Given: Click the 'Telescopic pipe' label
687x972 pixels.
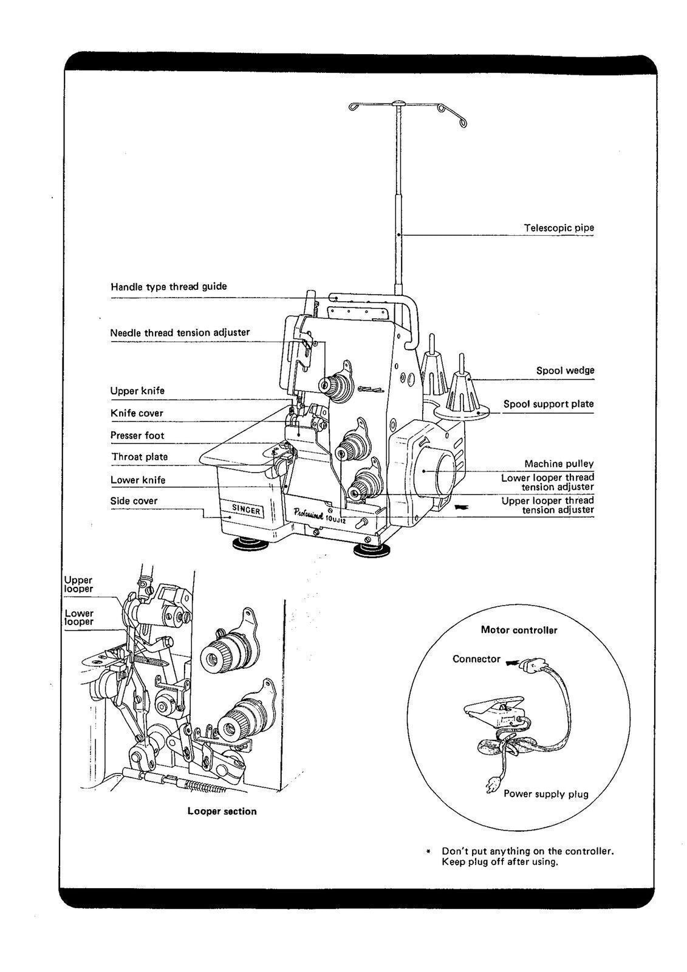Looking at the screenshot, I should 559,228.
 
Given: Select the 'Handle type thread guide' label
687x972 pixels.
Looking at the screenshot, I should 168,286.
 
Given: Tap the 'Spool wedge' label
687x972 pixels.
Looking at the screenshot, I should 565,370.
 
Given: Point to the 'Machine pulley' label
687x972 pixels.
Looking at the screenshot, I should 559,464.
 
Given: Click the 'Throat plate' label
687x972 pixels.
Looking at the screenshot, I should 139,456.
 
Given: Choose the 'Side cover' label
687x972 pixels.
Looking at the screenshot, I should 134,501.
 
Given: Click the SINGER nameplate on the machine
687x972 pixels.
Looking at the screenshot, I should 247,510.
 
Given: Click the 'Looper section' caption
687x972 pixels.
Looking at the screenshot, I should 222,811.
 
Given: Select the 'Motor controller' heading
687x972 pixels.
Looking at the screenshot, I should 519,630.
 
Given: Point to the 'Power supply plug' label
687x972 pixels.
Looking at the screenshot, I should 545,793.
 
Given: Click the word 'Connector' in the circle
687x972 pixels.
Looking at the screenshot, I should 476,659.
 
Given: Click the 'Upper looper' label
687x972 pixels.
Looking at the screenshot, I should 79,584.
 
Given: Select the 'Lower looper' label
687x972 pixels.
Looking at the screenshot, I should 80,617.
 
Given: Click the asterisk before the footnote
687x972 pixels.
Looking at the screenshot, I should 428,852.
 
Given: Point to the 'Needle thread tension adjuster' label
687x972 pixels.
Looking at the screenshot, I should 180,332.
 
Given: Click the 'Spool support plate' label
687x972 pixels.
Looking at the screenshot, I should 549,404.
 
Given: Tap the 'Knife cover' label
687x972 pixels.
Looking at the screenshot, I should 137,413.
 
